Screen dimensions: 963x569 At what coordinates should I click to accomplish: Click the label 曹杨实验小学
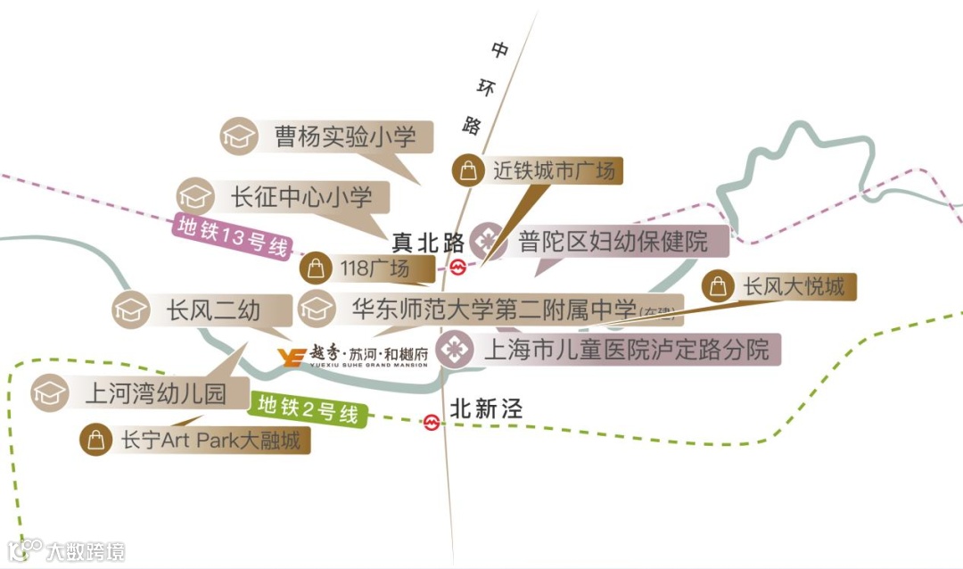(x=345, y=136)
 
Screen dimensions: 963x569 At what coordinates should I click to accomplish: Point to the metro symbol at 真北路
(x=457, y=266)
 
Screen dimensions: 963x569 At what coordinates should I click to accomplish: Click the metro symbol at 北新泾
(x=432, y=422)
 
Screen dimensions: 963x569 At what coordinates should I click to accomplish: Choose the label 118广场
(x=374, y=268)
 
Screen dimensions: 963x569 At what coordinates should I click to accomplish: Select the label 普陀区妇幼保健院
(x=613, y=241)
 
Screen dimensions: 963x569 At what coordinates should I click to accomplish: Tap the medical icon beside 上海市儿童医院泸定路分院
(x=456, y=349)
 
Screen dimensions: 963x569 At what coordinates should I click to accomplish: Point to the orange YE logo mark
(x=291, y=358)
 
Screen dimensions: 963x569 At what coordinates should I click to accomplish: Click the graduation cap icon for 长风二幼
(x=130, y=309)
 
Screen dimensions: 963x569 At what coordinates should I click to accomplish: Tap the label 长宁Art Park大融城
(x=210, y=440)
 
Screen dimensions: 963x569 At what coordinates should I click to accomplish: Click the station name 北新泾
(x=486, y=409)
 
